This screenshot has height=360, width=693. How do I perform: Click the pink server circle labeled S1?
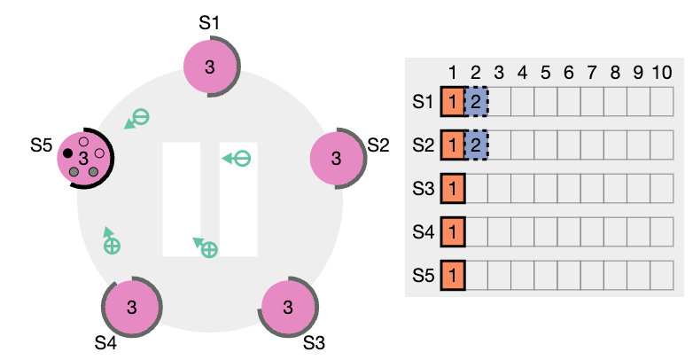tap(209, 67)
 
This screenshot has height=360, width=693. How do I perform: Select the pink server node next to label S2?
tap(336, 158)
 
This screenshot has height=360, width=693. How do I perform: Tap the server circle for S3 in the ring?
tap(288, 307)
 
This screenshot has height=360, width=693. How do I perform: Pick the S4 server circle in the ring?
tap(132, 307)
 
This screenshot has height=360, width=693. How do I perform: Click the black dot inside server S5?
tap(67, 153)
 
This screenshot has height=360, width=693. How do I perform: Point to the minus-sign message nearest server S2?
tap(242, 159)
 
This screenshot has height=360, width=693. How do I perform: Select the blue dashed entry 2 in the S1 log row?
tap(476, 102)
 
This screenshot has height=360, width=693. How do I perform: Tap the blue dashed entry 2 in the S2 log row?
tap(476, 145)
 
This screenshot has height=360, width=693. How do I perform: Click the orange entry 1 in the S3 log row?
tap(453, 188)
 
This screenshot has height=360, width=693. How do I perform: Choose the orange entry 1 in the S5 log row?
tap(453, 276)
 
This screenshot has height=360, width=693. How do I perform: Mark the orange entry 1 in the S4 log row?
tap(453, 231)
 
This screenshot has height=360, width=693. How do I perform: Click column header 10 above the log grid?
tap(662, 73)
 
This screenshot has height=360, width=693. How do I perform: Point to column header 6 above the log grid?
tap(568, 73)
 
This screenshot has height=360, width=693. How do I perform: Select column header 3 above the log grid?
tap(499, 73)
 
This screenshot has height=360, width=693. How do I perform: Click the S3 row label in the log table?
tap(423, 189)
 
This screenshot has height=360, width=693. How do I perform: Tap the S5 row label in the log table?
tap(423, 276)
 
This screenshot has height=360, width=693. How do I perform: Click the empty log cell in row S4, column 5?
tap(545, 231)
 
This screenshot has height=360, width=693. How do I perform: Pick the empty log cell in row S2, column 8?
tap(615, 145)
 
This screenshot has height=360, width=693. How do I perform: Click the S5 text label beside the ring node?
tap(41, 145)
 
